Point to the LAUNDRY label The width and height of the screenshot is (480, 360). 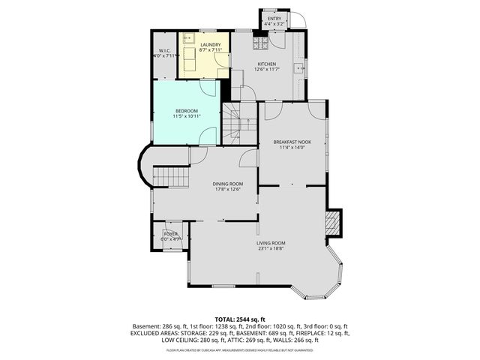click(211, 45)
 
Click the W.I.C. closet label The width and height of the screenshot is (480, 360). click(164, 50)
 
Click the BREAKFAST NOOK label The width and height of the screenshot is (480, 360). click(292, 141)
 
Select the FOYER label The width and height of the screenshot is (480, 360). click(171, 234)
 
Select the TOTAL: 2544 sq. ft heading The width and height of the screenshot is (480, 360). click(239, 319)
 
